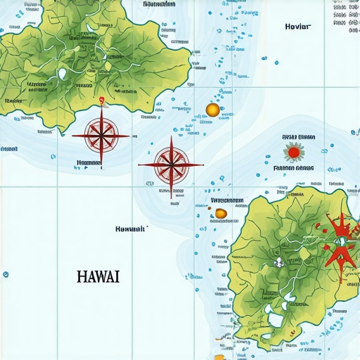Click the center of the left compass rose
coord(101,135)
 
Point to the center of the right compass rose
coord(170,165)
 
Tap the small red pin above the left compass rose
coord(103,100)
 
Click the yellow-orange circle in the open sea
coord(212,109)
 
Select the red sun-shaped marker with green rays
coord(294,151)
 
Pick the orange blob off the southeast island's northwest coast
coord(221,213)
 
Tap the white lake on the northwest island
coord(62,73)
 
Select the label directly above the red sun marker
coord(299,137)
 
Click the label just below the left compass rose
coord(89,162)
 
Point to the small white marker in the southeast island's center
coord(278,262)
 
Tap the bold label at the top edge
coord(159,4)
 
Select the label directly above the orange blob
coord(227,200)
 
